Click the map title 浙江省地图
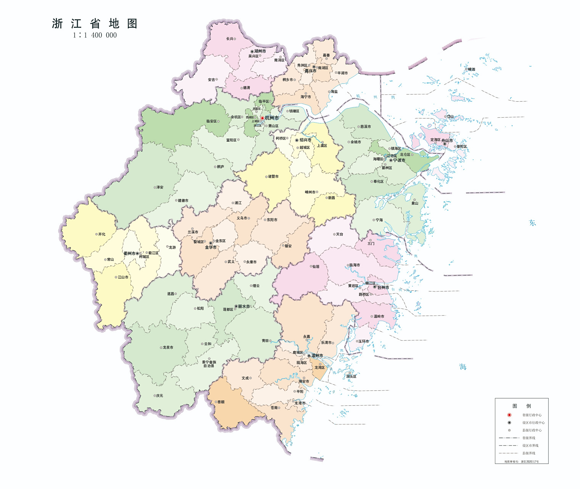[95, 24]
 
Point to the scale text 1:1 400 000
[95, 35]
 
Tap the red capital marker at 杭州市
[262, 118]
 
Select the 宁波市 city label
[399, 160]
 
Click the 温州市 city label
[317, 356]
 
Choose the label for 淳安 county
[160, 188]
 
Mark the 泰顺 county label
[221, 402]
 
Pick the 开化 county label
[101, 234]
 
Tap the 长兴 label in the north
[229, 39]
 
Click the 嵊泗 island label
[472, 70]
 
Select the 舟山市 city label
[447, 141]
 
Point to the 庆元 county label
[159, 395]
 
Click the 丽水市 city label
[244, 306]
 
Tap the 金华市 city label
[211, 248]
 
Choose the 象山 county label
[415, 203]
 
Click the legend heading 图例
[522, 406]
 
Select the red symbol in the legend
[509, 415]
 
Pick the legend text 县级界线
[528, 453]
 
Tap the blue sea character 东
[532, 223]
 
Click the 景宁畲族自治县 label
[209, 364]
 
